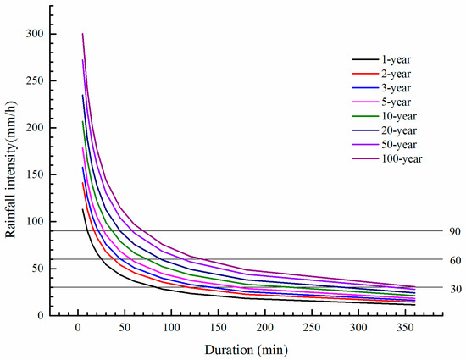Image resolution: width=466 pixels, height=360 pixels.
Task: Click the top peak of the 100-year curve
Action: [x=82, y=34]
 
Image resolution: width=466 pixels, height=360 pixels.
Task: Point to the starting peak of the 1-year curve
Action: [x=82, y=209]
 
